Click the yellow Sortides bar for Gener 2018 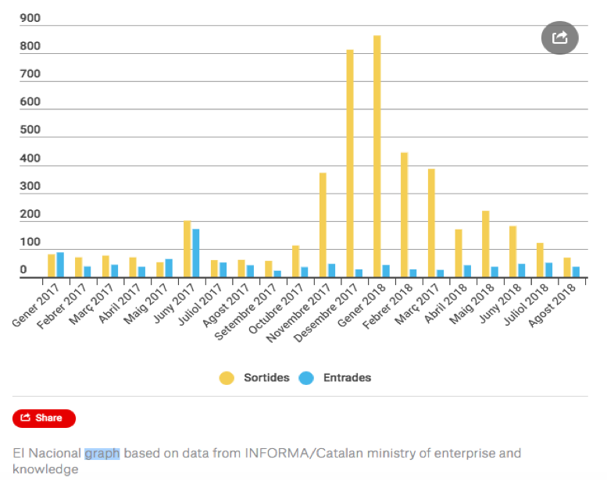click(x=377, y=156)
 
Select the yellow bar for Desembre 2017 click(x=350, y=164)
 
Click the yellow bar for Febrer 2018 click(x=404, y=215)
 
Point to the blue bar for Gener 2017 click(x=60, y=265)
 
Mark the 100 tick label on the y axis click(x=30, y=243)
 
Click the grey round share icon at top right click(x=559, y=37)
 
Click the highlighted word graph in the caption click(x=102, y=454)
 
